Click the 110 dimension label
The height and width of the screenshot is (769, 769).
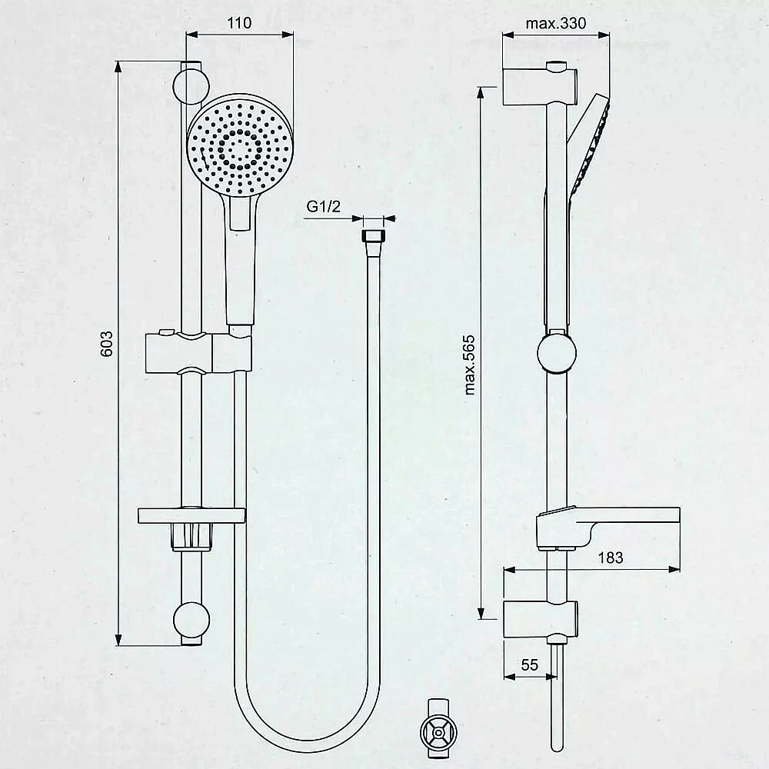click(239, 23)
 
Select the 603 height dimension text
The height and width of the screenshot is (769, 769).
click(106, 344)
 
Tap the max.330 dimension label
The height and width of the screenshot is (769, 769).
click(556, 24)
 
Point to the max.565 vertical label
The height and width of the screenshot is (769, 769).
click(469, 365)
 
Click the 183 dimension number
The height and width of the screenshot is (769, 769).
click(611, 558)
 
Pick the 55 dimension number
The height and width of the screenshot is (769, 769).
click(530, 665)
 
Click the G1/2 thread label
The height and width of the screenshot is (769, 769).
click(323, 206)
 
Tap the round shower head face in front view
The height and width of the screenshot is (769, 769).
click(240, 145)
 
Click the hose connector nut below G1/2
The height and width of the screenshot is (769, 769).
click(372, 236)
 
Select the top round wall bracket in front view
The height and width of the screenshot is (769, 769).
click(191, 86)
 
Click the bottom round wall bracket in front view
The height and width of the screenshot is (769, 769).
click(191, 621)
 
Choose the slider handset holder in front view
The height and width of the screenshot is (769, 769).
click(198, 352)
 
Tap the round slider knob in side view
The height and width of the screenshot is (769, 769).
click(557, 353)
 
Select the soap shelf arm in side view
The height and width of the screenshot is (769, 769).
click(608, 528)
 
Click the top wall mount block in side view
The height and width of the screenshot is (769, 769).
click(540, 87)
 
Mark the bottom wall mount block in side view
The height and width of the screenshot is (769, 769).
click(541, 619)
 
